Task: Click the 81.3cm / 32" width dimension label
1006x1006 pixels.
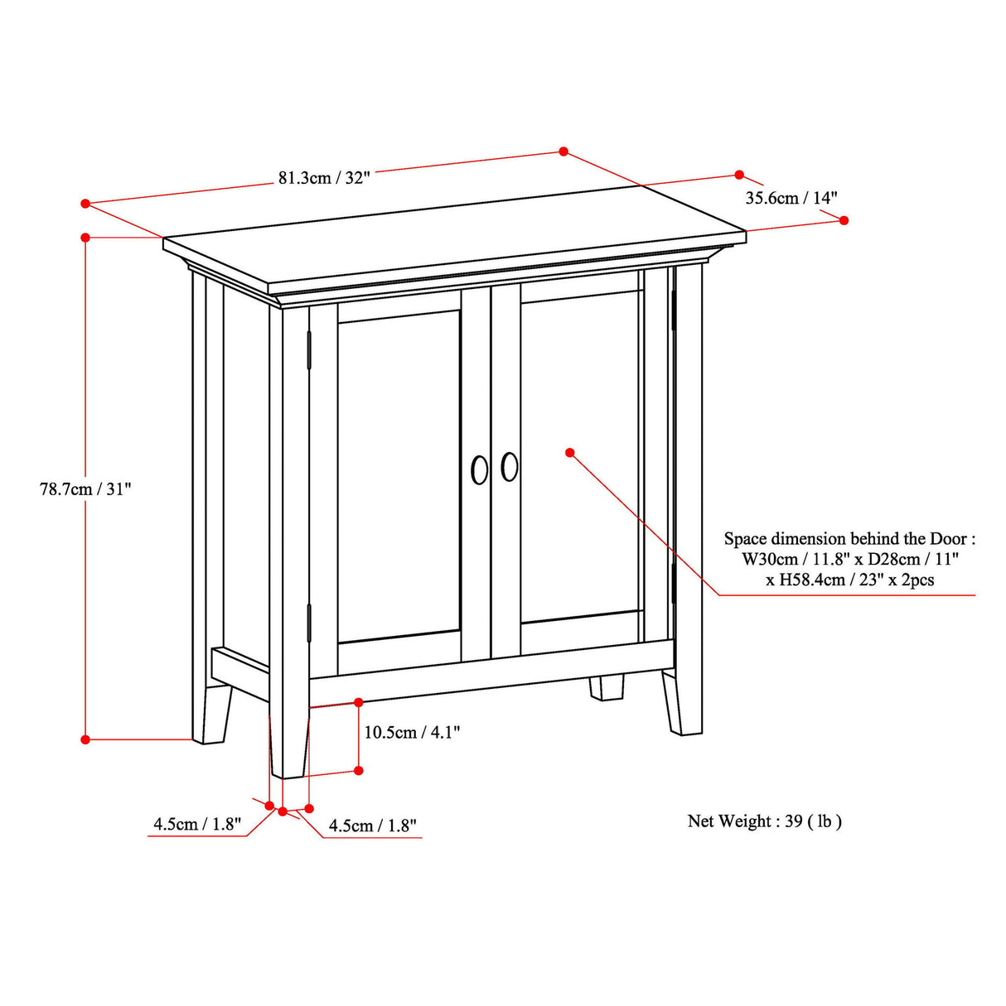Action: coord(324,178)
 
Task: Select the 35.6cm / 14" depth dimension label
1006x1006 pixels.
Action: coord(791,198)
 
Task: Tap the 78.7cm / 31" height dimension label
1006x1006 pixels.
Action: coord(85,489)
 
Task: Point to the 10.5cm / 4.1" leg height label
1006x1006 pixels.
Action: coord(412,732)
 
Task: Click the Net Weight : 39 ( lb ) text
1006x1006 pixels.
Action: coord(764,821)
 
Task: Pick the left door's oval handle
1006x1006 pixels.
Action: coord(479,469)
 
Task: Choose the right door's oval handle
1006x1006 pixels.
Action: coord(510,466)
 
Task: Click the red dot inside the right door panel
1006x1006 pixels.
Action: coord(570,452)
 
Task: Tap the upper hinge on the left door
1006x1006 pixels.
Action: coord(309,350)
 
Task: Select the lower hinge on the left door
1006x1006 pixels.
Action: coord(309,623)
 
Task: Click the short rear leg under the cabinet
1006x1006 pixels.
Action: coord(607,687)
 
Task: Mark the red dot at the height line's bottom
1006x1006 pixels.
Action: coord(85,739)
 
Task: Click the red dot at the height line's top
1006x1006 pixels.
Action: coord(85,238)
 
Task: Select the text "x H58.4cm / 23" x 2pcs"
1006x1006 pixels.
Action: coord(849,580)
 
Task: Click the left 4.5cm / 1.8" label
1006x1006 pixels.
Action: coord(197,825)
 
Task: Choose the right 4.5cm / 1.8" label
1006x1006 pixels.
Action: coord(372,825)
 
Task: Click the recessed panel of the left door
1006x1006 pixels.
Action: coord(399,476)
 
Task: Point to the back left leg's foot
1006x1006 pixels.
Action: coord(213,729)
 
